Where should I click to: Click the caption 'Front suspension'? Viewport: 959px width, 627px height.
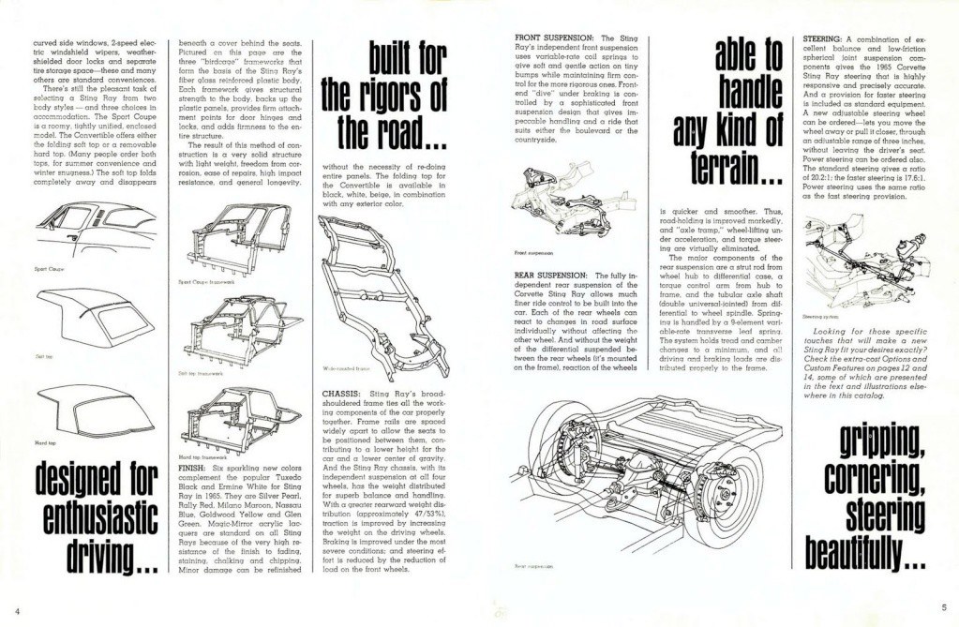pos(533,253)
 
